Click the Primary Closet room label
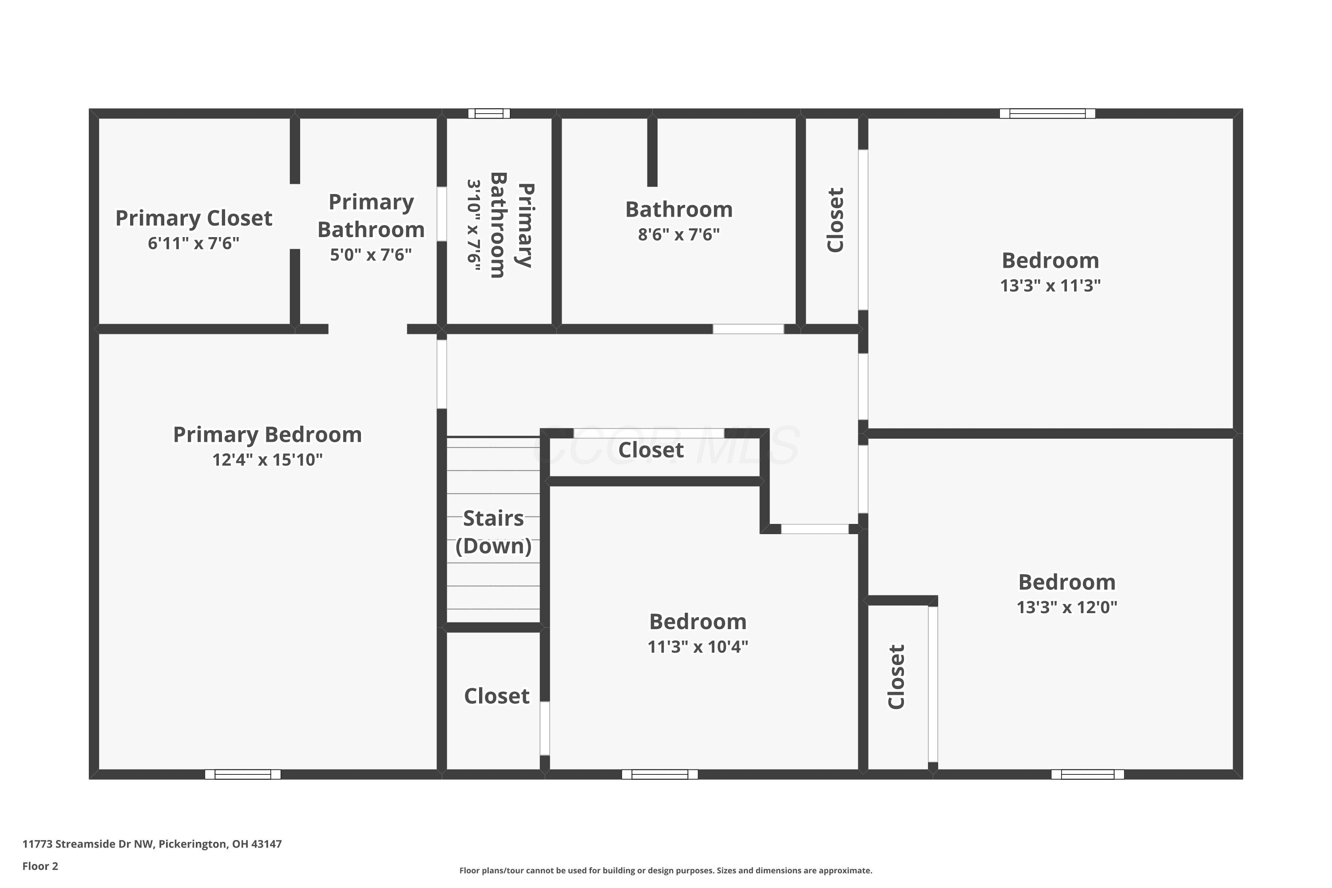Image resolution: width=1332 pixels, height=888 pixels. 194,218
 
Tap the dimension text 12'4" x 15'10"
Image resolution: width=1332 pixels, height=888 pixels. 267,459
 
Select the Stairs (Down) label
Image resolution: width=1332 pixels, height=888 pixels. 493,532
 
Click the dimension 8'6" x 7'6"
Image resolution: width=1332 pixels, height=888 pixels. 678,234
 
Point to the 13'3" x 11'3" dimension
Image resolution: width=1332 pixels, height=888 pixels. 1050,285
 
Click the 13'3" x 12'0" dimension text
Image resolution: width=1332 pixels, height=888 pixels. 1066,607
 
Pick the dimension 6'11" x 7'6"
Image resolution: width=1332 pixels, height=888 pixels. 194,243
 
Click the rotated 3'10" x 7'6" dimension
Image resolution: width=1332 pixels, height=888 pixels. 473,226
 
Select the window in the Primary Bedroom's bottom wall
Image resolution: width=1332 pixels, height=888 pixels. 242,774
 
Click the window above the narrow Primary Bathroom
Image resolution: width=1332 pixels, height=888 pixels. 489,113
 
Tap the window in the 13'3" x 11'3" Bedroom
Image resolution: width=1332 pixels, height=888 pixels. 1047,113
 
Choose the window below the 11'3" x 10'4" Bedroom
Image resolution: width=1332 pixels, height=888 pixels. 660,774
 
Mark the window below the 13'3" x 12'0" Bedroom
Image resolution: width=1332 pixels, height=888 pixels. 1087,774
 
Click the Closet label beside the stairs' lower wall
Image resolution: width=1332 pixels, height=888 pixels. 497,696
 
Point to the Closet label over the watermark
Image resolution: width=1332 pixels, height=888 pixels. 651,450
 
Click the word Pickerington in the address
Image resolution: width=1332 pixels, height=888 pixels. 193,844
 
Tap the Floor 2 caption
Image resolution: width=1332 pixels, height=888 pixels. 40,866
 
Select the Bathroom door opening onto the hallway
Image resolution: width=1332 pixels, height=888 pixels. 748,329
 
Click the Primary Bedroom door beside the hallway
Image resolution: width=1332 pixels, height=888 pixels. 442,374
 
